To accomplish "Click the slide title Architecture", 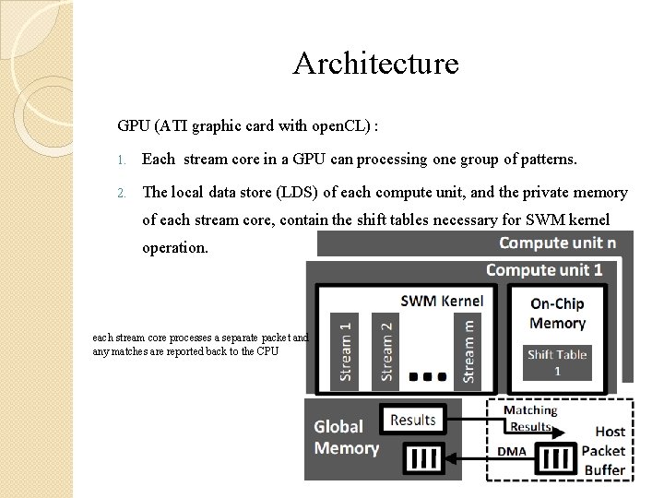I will (x=375, y=64).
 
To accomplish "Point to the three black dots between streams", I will (x=428, y=375).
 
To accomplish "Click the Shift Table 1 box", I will (x=557, y=362).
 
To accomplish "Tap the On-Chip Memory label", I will (x=557, y=314).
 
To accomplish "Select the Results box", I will (x=413, y=420).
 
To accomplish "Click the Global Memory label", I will (x=346, y=437).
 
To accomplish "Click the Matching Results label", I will (x=529, y=418).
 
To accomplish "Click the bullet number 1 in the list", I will (x=121, y=160).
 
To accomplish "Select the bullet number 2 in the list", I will (x=121, y=193).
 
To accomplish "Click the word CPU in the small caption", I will (x=267, y=351).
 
